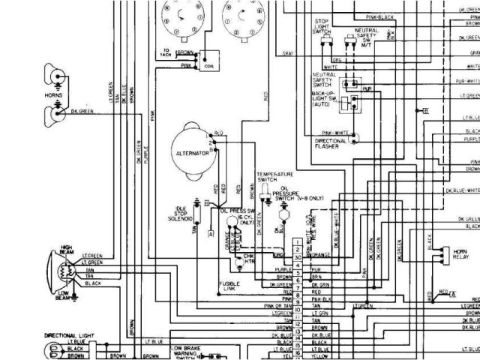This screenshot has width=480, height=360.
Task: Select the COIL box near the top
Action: (x=207, y=61)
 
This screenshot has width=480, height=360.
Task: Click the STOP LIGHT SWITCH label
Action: (x=321, y=28)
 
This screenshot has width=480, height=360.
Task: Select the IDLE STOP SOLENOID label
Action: (x=180, y=213)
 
